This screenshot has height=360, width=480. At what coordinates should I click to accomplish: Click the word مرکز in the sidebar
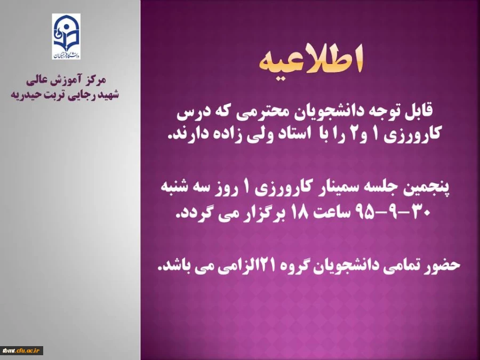(x=96, y=80)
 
